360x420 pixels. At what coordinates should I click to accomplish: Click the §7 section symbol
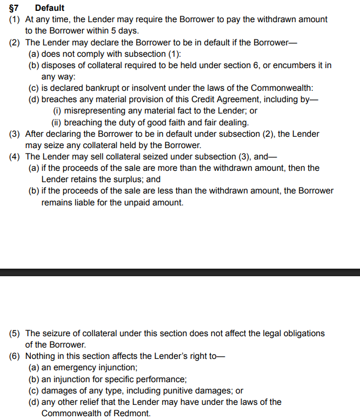pyautogui.click(x=15, y=8)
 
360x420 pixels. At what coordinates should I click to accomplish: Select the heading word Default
pyautogui.click(x=49, y=8)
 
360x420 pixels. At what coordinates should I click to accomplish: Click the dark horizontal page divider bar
pyautogui.click(x=180, y=272)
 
